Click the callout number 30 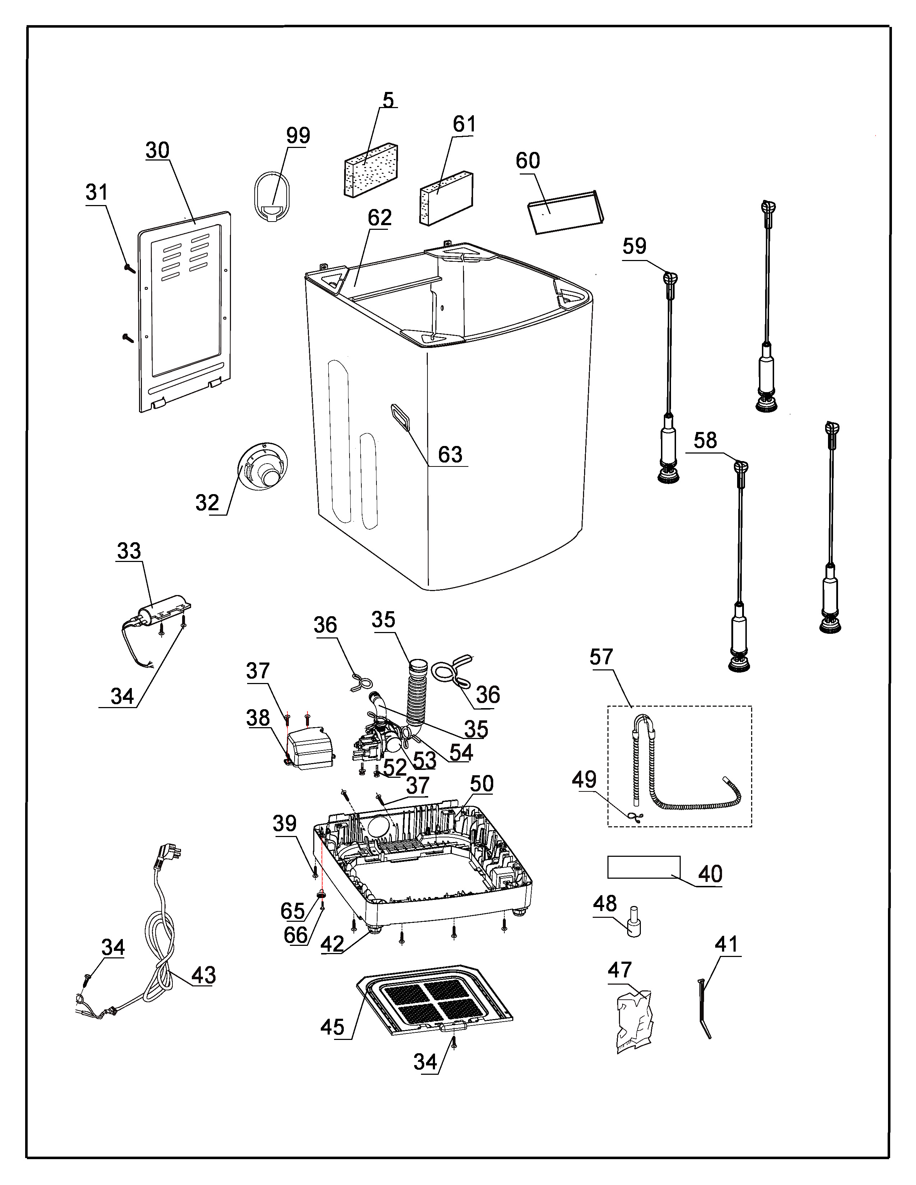[157, 150]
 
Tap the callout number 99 [298, 135]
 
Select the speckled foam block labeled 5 [371, 170]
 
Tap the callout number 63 [450, 455]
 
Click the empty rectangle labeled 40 [643, 867]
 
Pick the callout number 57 [601, 657]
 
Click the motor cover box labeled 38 [309, 748]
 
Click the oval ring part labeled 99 [272, 195]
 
